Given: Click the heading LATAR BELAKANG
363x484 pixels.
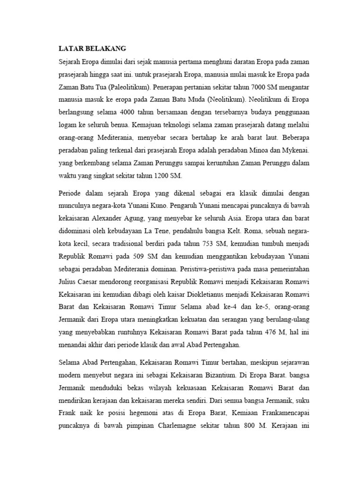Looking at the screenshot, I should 92,49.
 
